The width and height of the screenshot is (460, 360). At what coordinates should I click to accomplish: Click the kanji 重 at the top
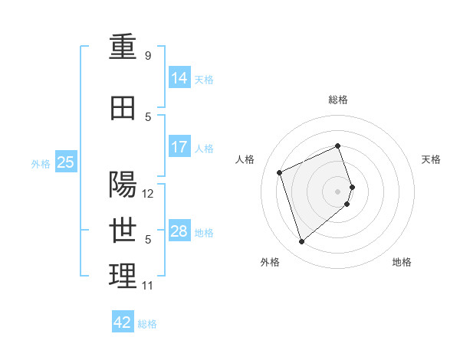[123, 46]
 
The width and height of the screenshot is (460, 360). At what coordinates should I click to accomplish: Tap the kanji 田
[123, 108]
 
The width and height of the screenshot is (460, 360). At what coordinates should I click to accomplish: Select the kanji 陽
[123, 184]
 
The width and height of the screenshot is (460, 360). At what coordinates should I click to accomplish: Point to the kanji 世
[123, 231]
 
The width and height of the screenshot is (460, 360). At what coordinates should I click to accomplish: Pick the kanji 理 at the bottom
[123, 276]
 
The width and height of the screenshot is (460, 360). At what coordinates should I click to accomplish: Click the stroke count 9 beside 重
[148, 55]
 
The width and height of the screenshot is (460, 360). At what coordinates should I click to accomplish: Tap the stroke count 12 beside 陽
[147, 194]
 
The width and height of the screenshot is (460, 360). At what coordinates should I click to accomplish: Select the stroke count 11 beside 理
[147, 286]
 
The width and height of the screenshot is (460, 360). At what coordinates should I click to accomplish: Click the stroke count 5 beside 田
[148, 117]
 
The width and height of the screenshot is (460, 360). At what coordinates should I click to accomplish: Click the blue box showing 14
[179, 77]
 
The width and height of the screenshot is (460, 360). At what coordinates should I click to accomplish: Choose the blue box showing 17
[179, 146]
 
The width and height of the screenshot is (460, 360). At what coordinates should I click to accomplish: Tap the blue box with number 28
[179, 230]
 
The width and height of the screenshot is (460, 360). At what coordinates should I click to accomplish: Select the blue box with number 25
[66, 162]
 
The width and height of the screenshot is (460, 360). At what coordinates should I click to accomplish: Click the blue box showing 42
[123, 321]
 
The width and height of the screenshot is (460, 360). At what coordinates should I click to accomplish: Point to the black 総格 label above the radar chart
[338, 100]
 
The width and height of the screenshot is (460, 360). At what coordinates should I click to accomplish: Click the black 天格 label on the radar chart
[431, 159]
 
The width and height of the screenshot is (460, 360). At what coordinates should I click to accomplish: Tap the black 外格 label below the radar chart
[270, 262]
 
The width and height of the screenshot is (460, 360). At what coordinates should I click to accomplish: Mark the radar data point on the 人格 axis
[279, 172]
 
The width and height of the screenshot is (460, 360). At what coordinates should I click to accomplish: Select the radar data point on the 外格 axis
[301, 241]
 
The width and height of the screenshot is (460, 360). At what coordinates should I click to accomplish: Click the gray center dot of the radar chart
[337, 191]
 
